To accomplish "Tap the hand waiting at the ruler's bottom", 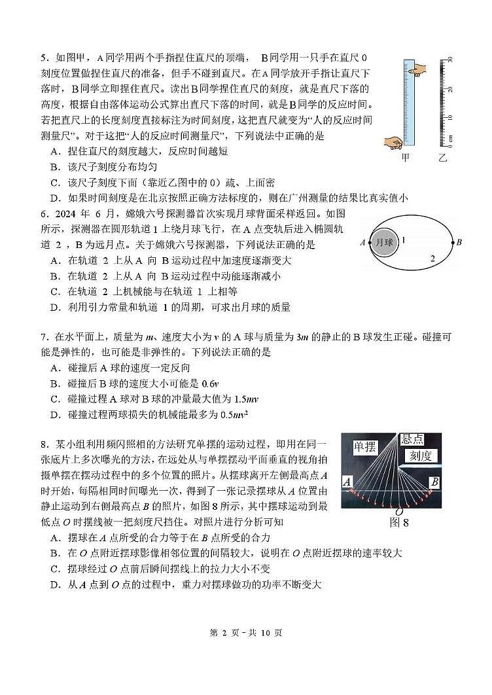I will (x=395, y=142).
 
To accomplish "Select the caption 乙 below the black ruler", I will (x=443, y=158).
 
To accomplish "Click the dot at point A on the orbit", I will (x=368, y=243).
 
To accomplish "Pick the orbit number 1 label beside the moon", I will (x=404, y=241).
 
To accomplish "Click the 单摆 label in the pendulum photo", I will (x=364, y=447).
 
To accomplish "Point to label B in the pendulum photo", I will (x=433, y=483).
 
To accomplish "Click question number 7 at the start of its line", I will (x=44, y=337).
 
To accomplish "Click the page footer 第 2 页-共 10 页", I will (x=245, y=633).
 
